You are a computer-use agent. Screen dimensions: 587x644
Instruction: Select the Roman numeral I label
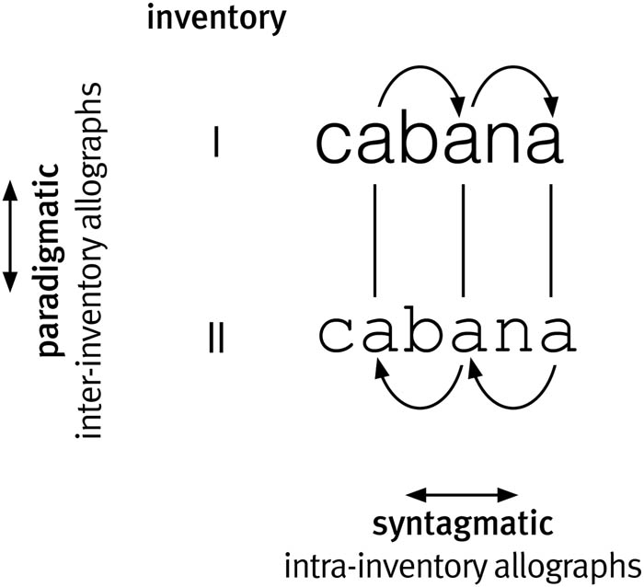(x=214, y=144)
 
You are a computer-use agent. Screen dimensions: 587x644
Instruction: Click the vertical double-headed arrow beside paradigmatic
(x=10, y=236)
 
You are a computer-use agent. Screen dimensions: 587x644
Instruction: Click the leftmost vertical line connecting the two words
(x=375, y=239)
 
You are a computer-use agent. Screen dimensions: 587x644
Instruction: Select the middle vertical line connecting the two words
(x=462, y=239)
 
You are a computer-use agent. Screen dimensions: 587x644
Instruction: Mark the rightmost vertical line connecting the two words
(x=550, y=239)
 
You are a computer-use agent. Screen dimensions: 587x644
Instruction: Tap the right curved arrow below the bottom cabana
(x=512, y=391)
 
